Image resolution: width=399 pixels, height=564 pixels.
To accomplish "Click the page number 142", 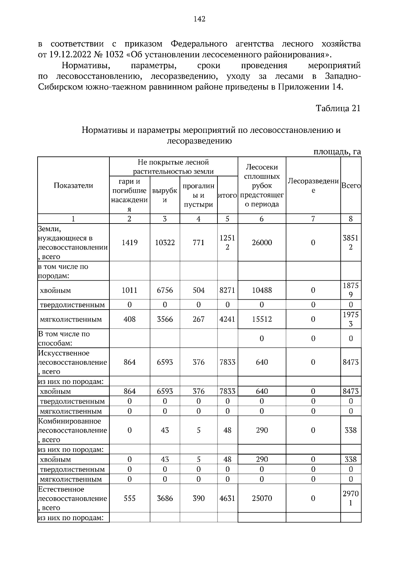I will click(x=199, y=19).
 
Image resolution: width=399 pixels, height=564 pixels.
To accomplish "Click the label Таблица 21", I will click(x=338, y=108).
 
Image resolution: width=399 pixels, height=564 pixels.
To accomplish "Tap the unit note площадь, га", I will click(x=337, y=152).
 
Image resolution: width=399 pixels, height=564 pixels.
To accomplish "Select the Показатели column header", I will click(x=73, y=186).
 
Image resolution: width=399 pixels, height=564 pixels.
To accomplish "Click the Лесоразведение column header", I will click(x=313, y=186).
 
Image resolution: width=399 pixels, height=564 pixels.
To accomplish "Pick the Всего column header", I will click(x=351, y=186).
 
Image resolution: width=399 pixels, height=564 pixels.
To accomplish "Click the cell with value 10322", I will click(x=165, y=242).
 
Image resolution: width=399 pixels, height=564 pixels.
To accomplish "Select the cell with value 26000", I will click(x=262, y=242).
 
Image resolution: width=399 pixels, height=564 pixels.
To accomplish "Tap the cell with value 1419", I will click(x=129, y=242).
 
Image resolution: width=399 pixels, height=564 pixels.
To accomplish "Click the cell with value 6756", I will click(x=165, y=290).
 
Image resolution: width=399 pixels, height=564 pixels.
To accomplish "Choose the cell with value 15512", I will click(x=262, y=319).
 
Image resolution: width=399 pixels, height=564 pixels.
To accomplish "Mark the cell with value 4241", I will click(x=227, y=319).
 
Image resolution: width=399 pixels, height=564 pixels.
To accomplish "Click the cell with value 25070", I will click(x=262, y=498).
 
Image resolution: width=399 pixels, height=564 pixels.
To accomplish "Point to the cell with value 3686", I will click(x=165, y=498).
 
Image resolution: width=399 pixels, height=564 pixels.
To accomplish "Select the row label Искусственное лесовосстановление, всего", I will click(x=72, y=362).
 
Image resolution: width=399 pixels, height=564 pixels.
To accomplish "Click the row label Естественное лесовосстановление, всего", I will click(x=72, y=498).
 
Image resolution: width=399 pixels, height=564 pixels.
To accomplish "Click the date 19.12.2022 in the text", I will click(x=69, y=54).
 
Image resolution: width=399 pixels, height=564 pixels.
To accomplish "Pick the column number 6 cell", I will click(x=262, y=219).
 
